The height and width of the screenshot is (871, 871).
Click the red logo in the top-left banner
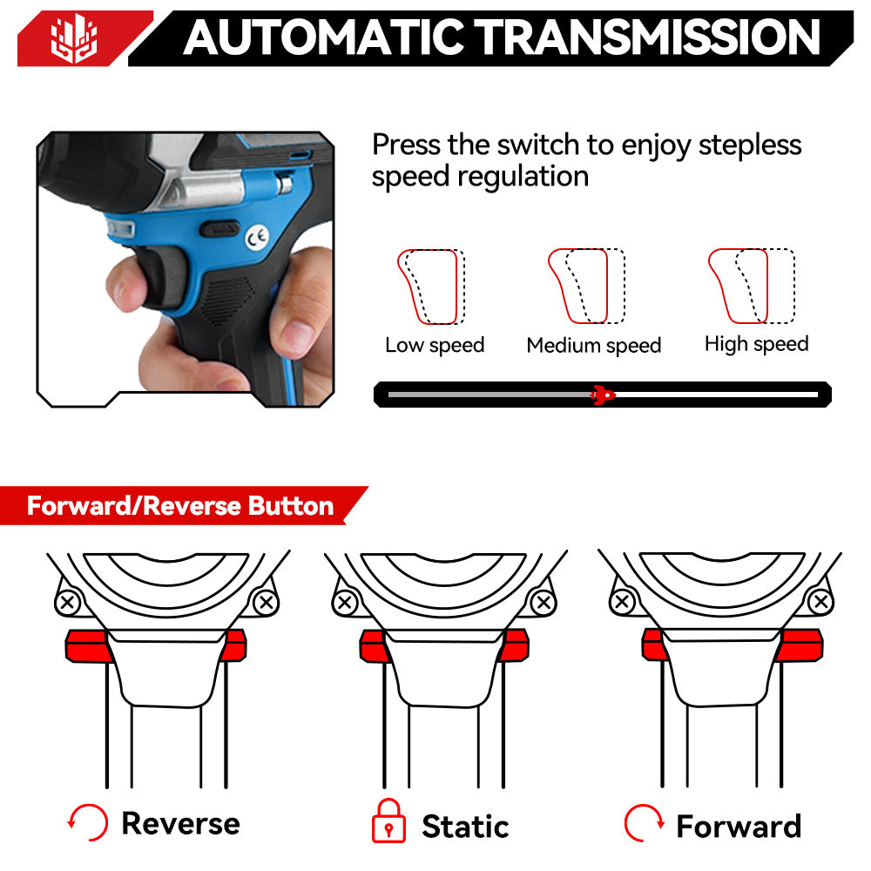pyautogui.click(x=75, y=38)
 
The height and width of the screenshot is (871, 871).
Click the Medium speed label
pyautogui.click(x=594, y=346)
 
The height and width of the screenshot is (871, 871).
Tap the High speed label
pyautogui.click(x=756, y=344)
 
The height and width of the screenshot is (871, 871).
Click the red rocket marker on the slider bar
pyautogui.click(x=601, y=395)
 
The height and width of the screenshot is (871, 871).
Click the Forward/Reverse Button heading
pyautogui.click(x=179, y=506)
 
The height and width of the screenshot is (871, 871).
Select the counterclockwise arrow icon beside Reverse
pyautogui.click(x=88, y=822)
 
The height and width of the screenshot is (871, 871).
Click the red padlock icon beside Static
pyautogui.click(x=388, y=821)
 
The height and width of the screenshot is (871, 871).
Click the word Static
pyautogui.click(x=465, y=825)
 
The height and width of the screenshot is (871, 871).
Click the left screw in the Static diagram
pyautogui.click(x=345, y=602)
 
